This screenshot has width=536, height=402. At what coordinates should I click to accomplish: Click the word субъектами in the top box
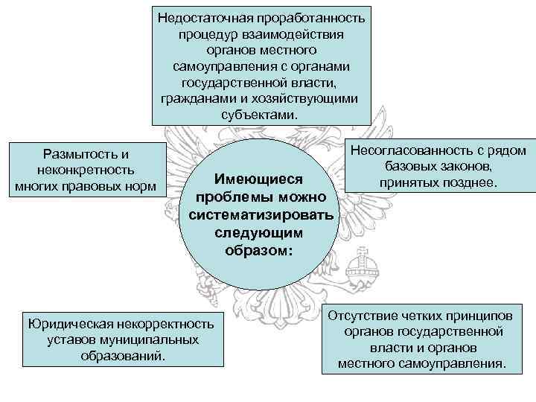click(x=258, y=115)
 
